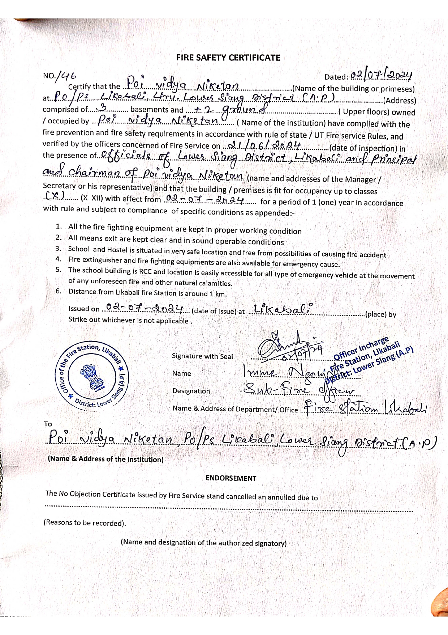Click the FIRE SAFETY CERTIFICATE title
(228, 58)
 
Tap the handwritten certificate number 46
(68, 76)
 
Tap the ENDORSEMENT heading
(231, 478)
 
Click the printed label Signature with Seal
(202, 356)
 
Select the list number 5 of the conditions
(59, 270)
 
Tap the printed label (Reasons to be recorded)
(85, 523)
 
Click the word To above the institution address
(48, 424)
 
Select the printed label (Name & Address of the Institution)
(105, 459)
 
